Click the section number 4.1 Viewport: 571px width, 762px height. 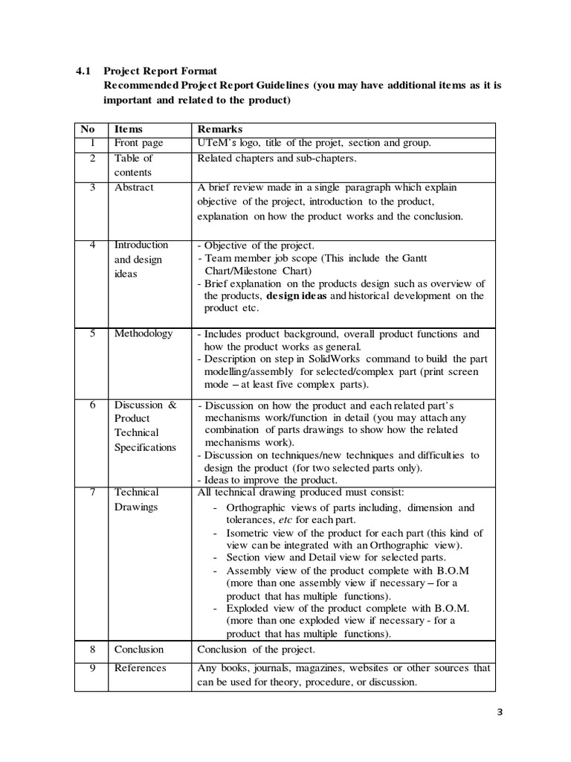coord(83,71)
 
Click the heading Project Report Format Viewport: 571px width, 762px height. coord(160,71)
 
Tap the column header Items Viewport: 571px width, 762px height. coord(128,129)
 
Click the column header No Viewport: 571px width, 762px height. coord(88,129)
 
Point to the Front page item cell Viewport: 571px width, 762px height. coord(139,143)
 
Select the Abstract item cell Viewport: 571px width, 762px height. coord(134,188)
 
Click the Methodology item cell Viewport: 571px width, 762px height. coord(143,333)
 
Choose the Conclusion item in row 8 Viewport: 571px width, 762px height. coord(139,649)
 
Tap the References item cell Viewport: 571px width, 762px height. coord(141,667)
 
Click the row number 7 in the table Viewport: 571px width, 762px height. coord(93,492)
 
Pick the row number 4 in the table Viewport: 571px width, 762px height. coord(93,245)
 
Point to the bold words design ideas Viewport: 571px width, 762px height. coord(297,295)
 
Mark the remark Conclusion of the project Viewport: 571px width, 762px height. coord(251,649)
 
